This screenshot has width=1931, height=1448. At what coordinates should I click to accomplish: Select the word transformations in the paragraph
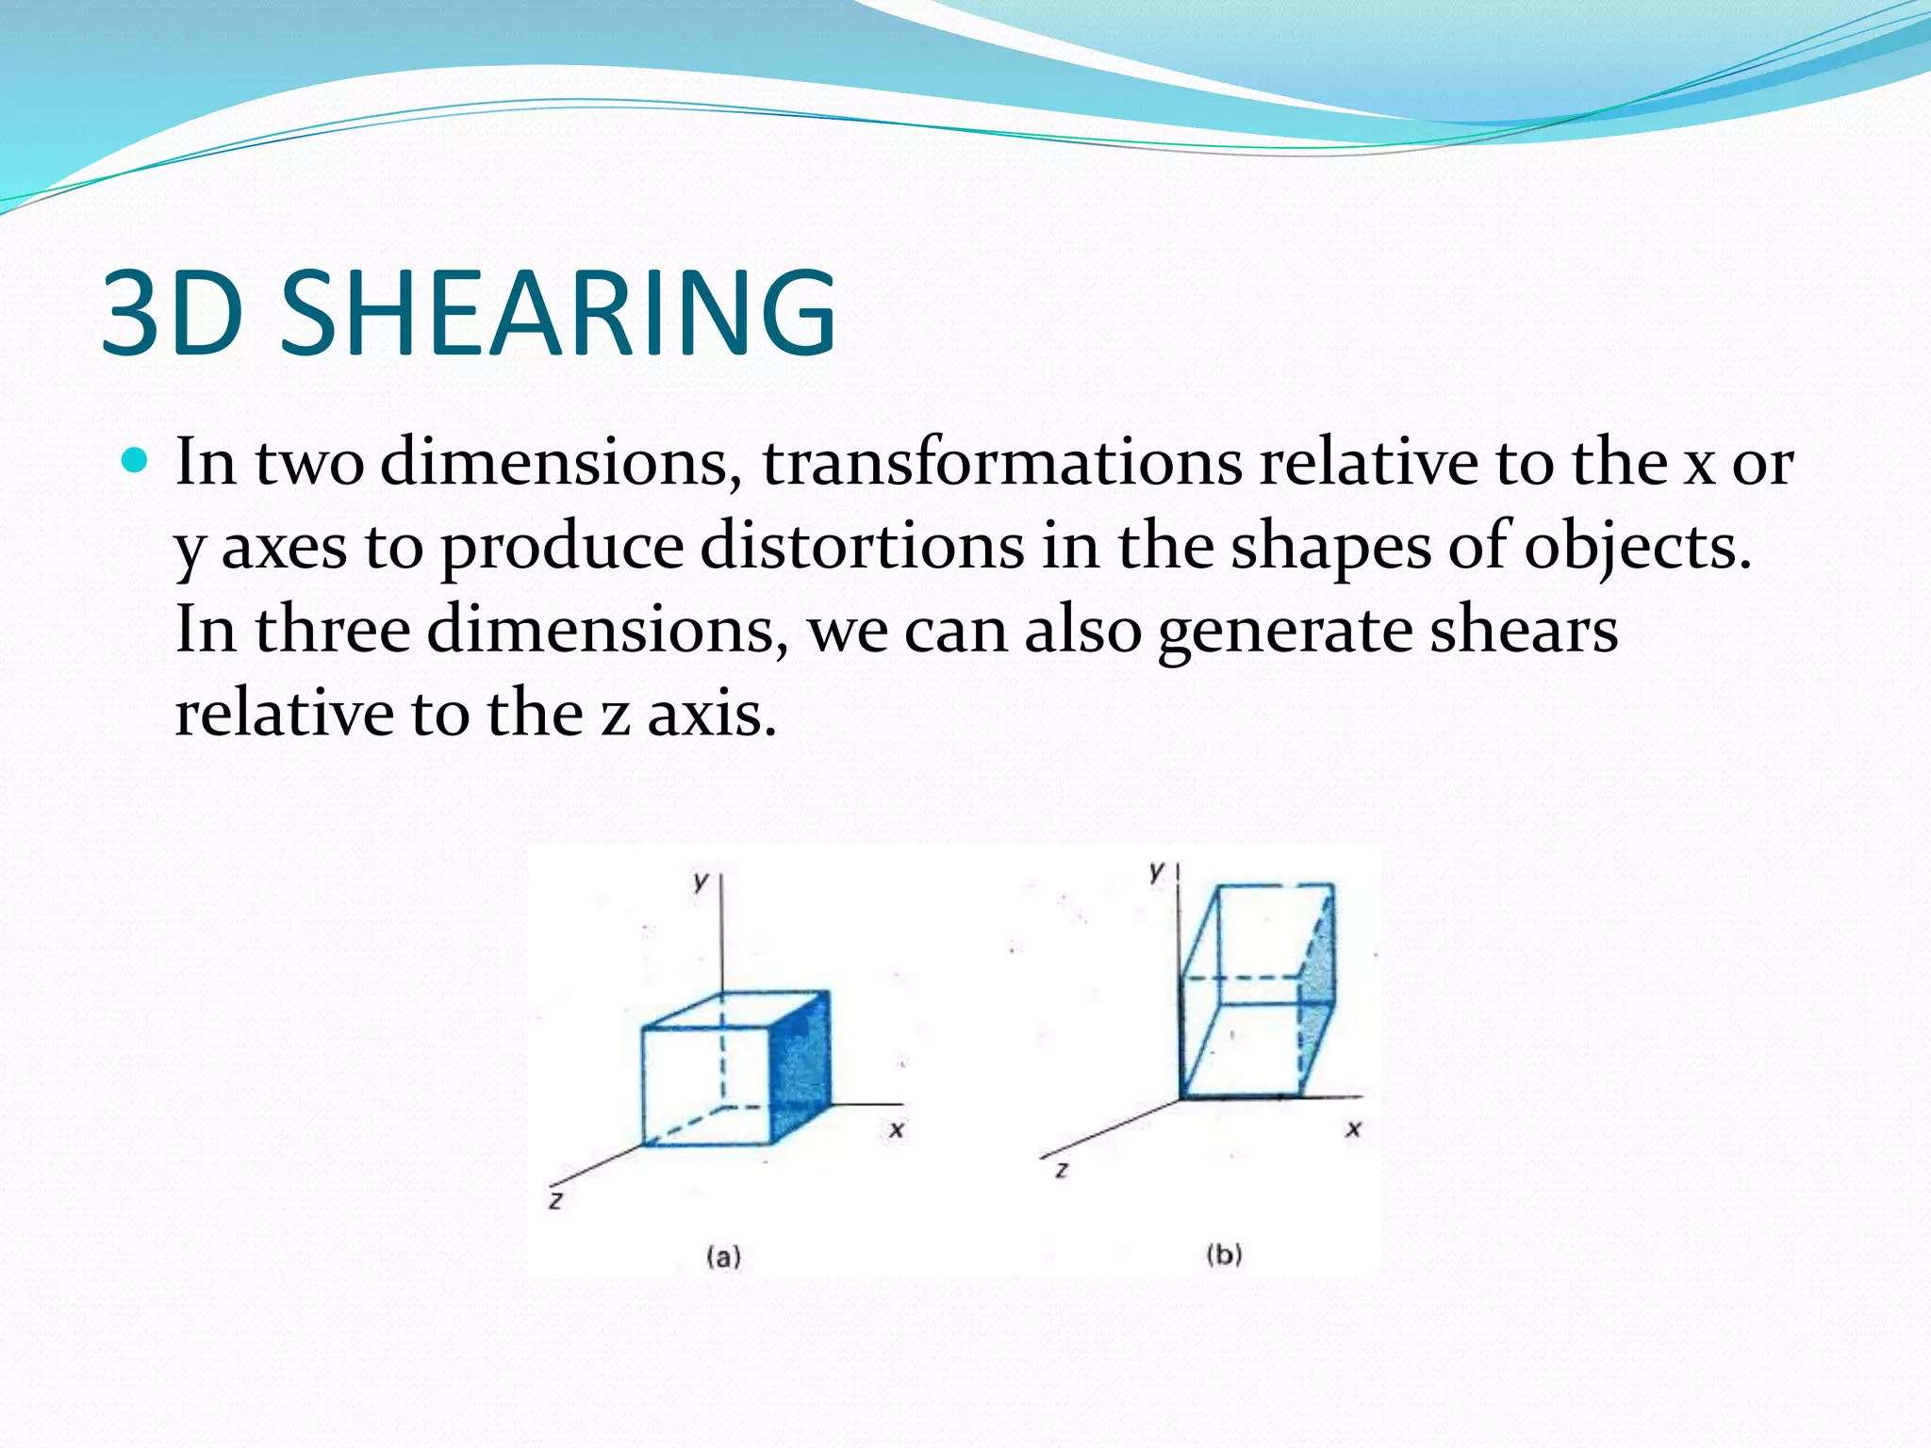(1002, 463)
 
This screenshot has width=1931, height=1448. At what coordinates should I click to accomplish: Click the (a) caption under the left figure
(723, 1257)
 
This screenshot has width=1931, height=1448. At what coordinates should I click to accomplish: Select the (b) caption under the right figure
(1224, 1255)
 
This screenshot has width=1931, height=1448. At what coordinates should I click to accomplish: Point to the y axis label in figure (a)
(700, 881)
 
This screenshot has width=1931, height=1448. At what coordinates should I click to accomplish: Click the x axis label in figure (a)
(896, 1128)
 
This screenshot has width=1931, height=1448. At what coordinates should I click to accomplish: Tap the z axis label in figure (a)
(556, 1201)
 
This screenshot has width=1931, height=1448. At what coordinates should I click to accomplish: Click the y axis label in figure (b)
(1157, 871)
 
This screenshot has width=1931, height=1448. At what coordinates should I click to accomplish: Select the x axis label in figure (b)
(1353, 1127)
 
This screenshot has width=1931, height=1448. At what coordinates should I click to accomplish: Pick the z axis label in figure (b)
(1062, 1170)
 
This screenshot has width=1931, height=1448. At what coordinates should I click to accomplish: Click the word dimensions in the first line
(559, 463)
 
